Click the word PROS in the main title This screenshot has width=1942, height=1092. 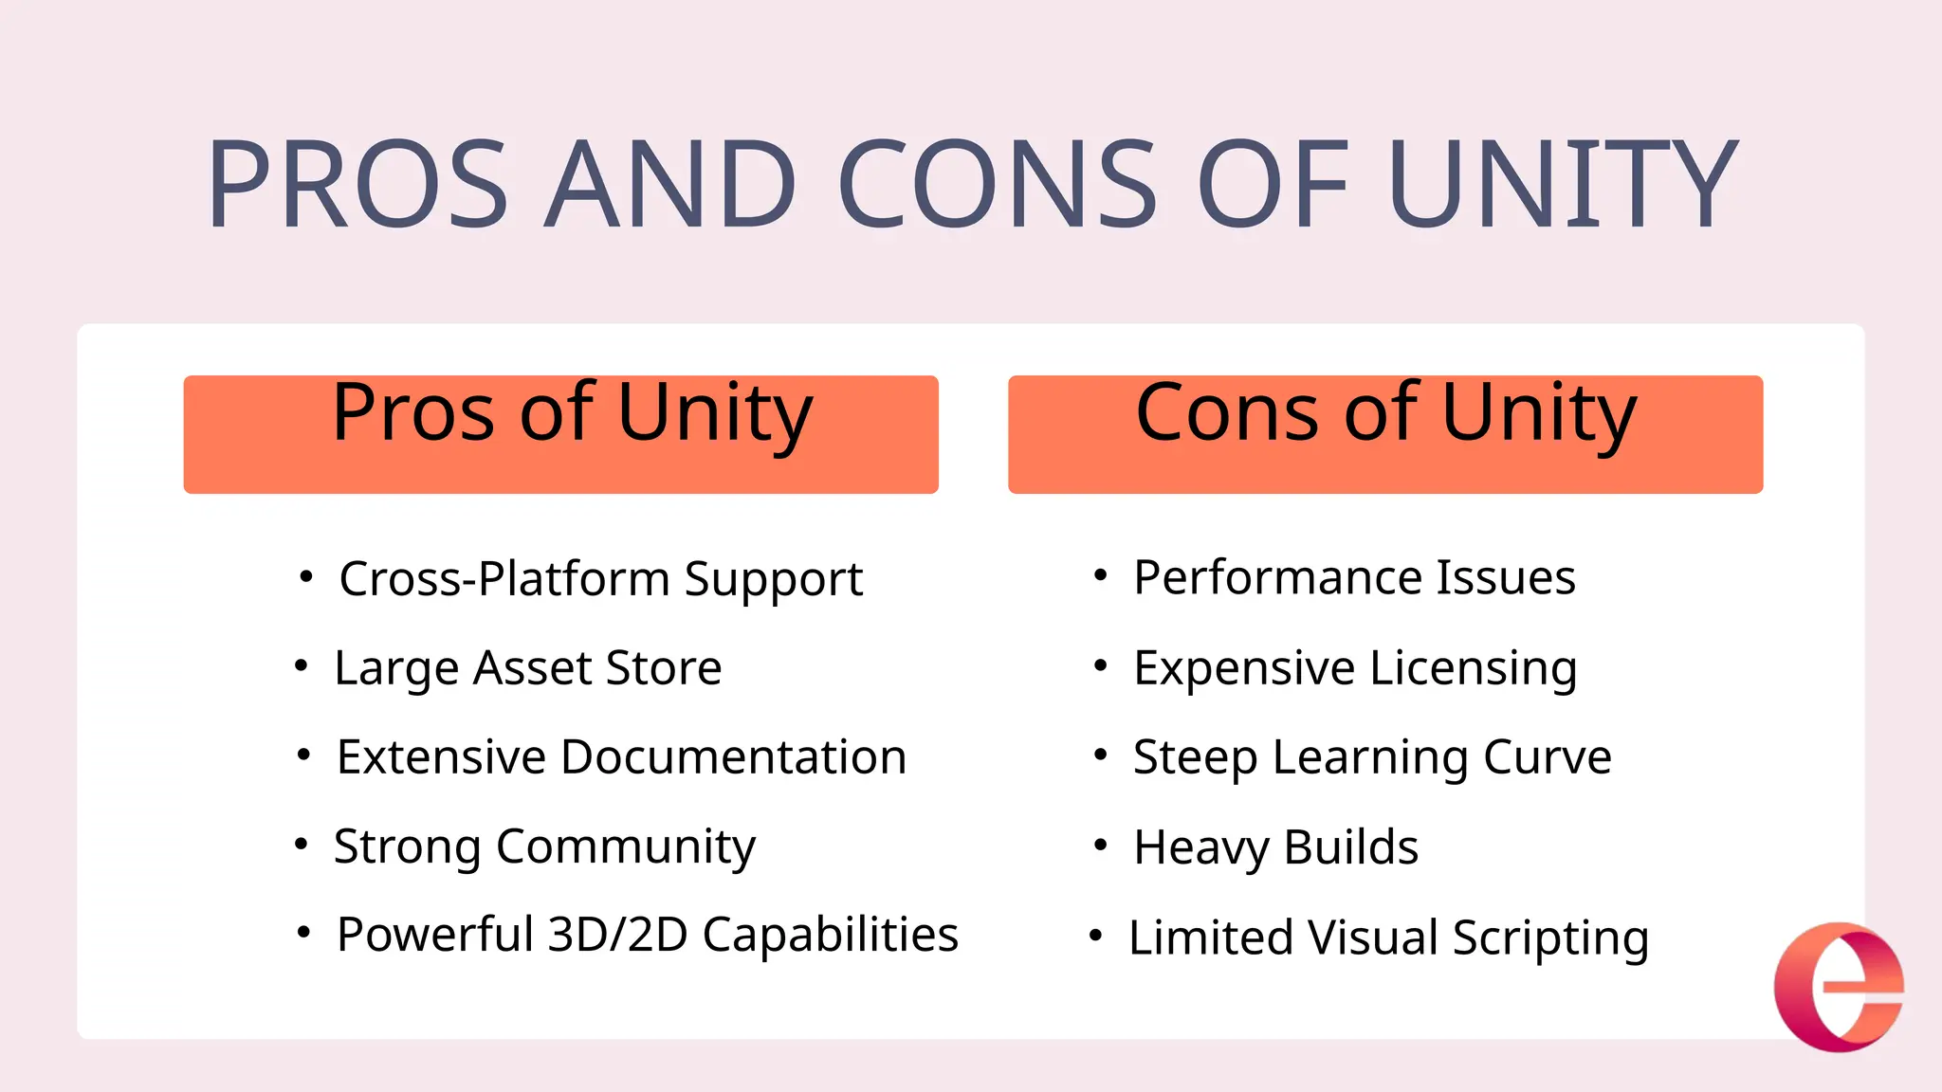click(358, 184)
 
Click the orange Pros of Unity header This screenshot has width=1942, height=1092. click(560, 433)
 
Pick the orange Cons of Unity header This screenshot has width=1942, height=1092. click(1384, 433)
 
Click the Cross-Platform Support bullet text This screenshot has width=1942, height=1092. click(600, 579)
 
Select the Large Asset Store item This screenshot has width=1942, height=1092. click(527, 668)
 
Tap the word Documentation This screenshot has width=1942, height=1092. click(733, 757)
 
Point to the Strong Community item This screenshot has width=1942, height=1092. click(544, 846)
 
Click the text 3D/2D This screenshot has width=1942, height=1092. click(617, 936)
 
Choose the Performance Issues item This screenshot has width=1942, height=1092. click(1354, 577)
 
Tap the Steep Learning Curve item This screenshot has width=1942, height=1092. click(1371, 757)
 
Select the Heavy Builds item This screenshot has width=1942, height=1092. click(1275, 846)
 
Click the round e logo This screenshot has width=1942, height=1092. click(1839, 987)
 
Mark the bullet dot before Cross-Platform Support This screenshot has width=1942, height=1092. click(305, 576)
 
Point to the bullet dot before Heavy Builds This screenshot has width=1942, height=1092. click(1100, 844)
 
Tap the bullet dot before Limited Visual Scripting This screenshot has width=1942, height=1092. click(1095, 936)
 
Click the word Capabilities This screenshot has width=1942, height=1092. click(830, 936)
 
